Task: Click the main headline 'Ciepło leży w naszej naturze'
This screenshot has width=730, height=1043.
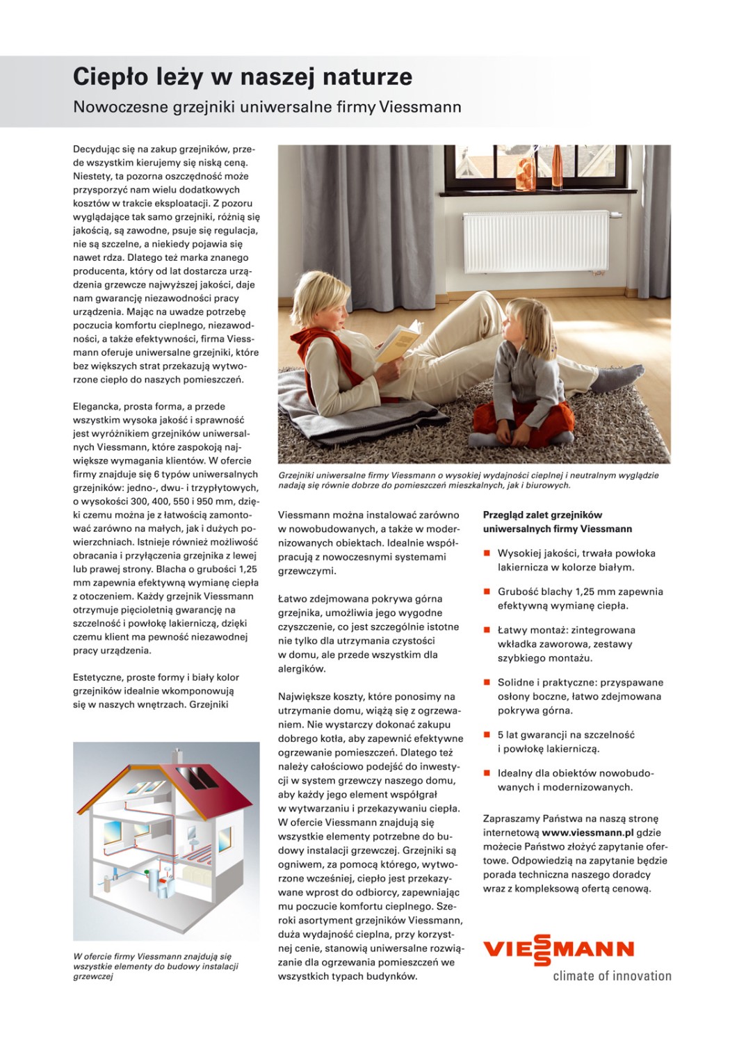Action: [242, 77]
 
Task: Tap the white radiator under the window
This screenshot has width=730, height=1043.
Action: [535, 241]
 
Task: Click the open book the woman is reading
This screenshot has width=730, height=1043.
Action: [398, 340]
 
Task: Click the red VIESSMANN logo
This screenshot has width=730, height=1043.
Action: [558, 949]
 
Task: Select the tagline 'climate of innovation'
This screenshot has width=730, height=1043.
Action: [612, 976]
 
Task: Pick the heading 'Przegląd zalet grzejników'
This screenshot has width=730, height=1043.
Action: [542, 515]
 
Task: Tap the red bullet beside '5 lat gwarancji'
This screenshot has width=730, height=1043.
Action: [487, 734]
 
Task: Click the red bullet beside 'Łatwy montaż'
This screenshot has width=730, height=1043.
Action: [487, 630]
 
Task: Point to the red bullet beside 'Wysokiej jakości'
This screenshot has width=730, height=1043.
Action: [487, 553]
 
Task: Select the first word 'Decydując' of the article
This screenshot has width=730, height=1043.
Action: [95, 149]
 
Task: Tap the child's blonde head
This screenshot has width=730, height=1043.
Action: [521, 321]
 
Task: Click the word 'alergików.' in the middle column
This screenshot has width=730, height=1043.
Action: [302, 669]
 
